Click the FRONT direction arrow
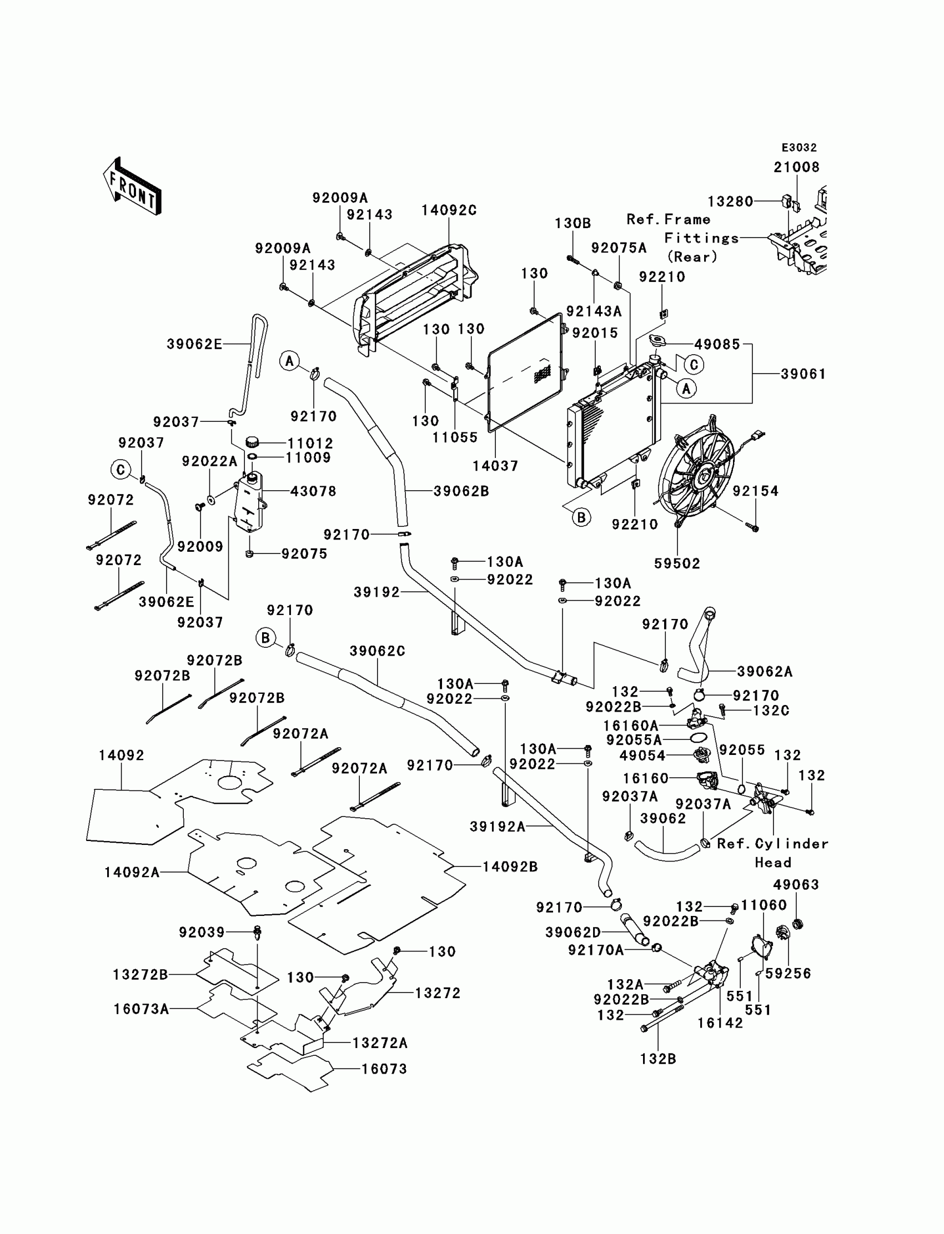133,187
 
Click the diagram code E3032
799,148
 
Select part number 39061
803,374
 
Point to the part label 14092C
449,210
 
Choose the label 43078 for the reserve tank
313,491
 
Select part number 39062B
461,491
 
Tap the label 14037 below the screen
495,466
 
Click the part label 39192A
498,826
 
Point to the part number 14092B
510,867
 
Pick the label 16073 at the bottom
384,1069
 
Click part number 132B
658,1059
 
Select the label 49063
796,885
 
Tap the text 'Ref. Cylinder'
772,844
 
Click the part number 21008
796,168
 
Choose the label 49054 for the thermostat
642,756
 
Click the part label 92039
202,933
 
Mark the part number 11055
455,437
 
